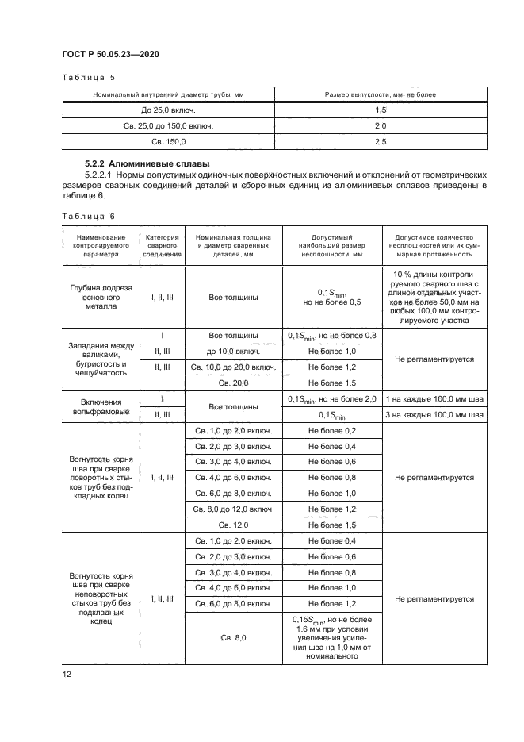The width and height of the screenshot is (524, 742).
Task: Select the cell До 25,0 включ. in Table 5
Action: pyautogui.click(x=168, y=110)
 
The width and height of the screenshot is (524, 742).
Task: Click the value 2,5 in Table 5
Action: pyautogui.click(x=381, y=141)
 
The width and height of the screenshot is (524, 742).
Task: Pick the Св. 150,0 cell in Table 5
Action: pyautogui.click(x=168, y=141)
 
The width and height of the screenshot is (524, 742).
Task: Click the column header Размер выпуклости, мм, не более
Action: pyautogui.click(x=381, y=94)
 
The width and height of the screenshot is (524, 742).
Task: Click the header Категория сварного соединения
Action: pyautogui.click(x=163, y=247)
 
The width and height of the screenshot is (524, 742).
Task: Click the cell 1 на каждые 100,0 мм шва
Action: pyautogui.click(x=434, y=398)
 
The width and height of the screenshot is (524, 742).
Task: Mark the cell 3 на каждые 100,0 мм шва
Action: pyautogui.click(x=434, y=414)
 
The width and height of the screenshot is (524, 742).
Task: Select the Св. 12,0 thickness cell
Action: pyautogui.click(x=233, y=525)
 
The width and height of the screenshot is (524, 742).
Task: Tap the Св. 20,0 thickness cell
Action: pyautogui.click(x=233, y=383)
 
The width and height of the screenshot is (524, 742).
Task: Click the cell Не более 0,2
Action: pyautogui.click(x=332, y=430)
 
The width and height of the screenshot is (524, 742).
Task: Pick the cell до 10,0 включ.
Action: pyautogui.click(x=233, y=351)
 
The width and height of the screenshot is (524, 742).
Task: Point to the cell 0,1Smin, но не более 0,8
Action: pyautogui.click(x=332, y=335)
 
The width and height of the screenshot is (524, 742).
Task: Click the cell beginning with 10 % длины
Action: pyautogui.click(x=434, y=297)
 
